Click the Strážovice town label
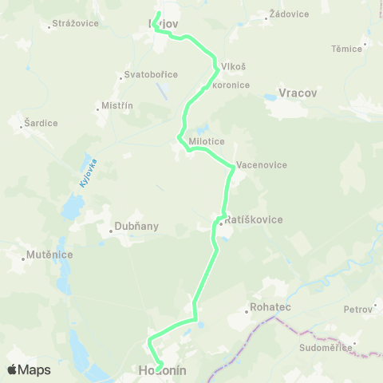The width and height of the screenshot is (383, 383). pyautogui.click(x=74, y=23)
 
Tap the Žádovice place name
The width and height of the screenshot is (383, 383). pyautogui.click(x=287, y=14)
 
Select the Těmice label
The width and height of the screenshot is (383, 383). pyautogui.click(x=347, y=49)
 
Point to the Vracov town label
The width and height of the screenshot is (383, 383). pyautogui.click(x=297, y=93)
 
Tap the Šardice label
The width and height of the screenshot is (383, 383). pyautogui.click(x=40, y=123)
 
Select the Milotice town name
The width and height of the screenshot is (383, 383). pyautogui.click(x=206, y=140)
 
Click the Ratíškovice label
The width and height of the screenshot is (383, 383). pyautogui.click(x=255, y=219)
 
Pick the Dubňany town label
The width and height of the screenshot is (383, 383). pyautogui.click(x=137, y=226)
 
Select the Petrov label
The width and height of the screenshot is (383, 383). pyautogui.click(x=357, y=309)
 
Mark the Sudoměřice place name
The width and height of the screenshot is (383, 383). pyautogui.click(x=323, y=348)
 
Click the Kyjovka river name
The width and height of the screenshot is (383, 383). pyautogui.click(x=88, y=174)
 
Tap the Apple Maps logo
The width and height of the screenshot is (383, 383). pyautogui.click(x=28, y=369)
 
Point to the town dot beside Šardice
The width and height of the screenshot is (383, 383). pyautogui.click(x=22, y=124)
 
